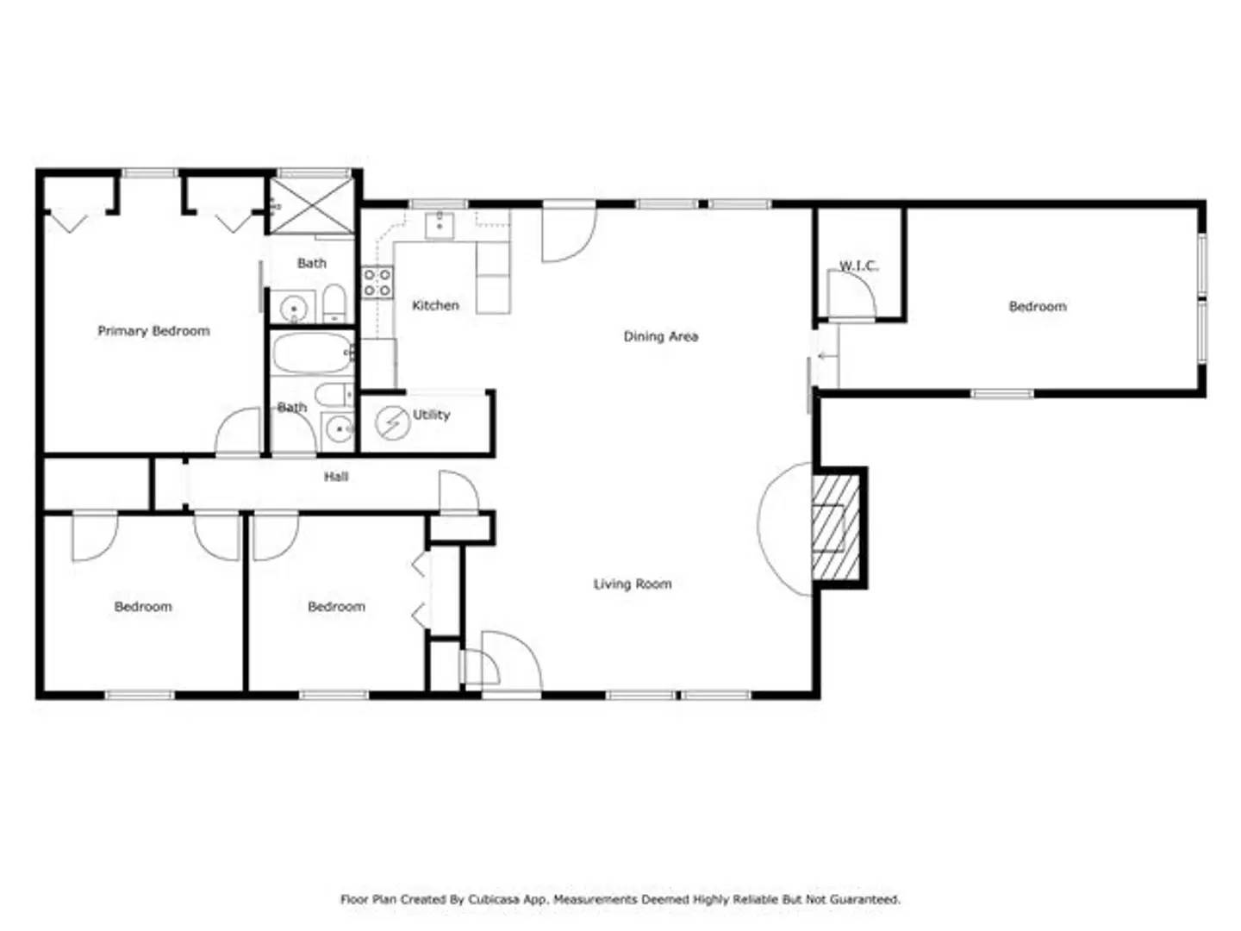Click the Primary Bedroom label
(153, 331)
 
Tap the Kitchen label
(435, 305)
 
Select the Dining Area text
(660, 336)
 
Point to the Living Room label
(632, 584)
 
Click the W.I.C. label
(858, 266)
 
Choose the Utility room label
(431, 415)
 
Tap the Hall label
(336, 477)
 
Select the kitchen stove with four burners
(377, 283)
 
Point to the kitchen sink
(440, 225)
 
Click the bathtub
(312, 353)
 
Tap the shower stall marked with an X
(311, 205)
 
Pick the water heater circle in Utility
(392, 422)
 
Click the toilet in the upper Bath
(334, 303)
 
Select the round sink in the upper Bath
(294, 309)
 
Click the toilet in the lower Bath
(334, 395)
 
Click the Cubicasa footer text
(620, 899)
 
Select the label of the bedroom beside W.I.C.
(1038, 306)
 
